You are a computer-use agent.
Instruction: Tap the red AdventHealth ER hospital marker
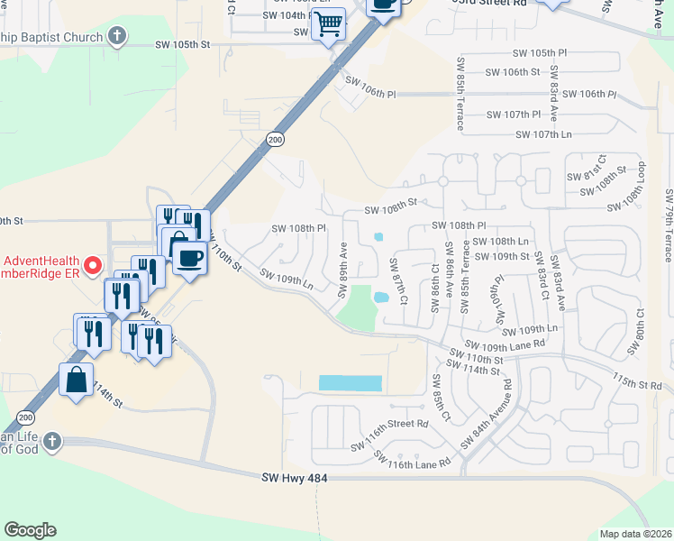tap(91, 265)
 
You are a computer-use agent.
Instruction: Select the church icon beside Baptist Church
tap(116, 37)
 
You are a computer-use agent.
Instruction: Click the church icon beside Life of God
tap(52, 442)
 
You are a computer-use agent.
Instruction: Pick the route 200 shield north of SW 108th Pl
tap(275, 138)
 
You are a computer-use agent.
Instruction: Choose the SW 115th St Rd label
tap(636, 383)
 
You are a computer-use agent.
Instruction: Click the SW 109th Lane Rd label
tap(505, 344)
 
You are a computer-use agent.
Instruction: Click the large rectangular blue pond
tap(351, 383)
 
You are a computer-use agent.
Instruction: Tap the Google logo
tap(30, 530)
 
